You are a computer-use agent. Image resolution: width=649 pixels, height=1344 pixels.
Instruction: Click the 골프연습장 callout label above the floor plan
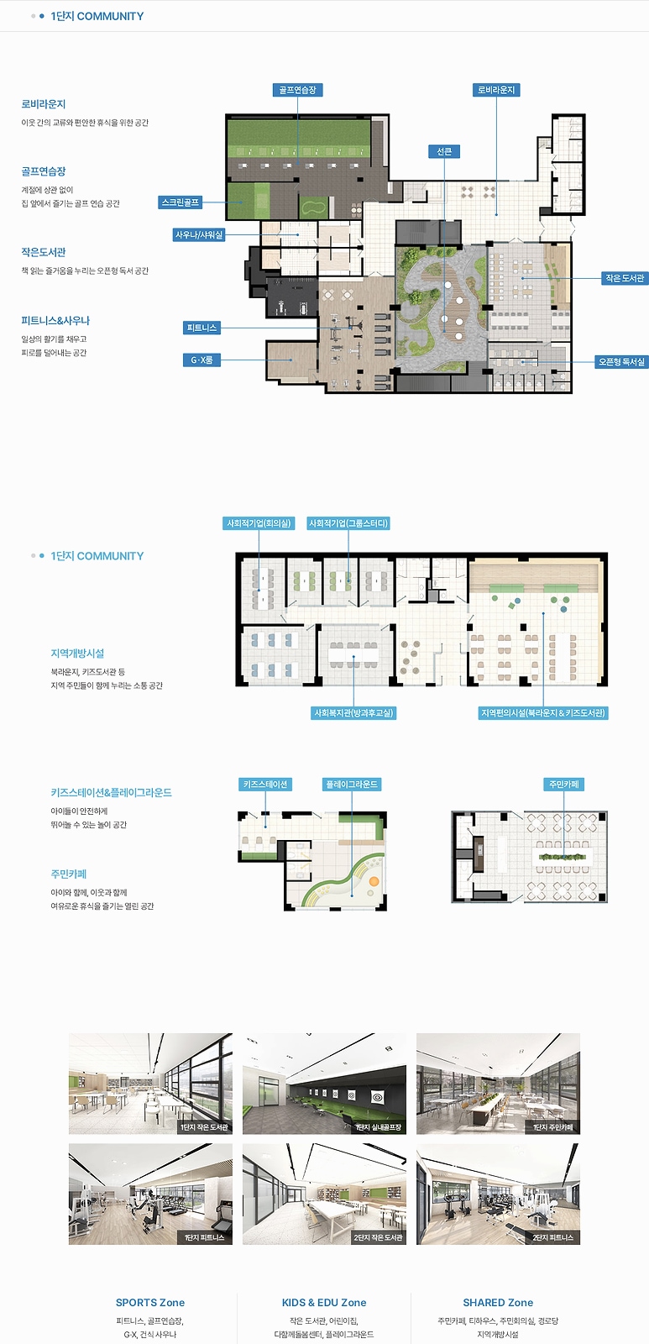[297, 90]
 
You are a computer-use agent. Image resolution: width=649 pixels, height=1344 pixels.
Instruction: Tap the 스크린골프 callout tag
[180, 202]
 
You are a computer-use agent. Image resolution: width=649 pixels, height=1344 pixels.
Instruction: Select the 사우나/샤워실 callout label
[198, 234]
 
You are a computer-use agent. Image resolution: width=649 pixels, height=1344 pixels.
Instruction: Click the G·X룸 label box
[202, 360]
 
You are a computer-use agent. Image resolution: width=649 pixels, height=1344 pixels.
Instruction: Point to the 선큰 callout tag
[444, 151]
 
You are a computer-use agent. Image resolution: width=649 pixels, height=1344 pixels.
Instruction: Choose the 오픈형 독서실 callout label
[621, 362]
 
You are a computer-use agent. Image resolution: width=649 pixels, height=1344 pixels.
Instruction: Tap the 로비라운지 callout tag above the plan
[496, 90]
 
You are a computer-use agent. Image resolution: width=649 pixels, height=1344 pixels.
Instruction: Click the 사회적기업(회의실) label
[259, 523]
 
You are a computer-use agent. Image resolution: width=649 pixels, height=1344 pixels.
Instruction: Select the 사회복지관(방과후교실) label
[354, 713]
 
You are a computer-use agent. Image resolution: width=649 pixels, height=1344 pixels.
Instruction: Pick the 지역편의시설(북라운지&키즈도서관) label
[543, 713]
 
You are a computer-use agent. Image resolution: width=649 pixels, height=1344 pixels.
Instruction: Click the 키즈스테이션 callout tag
[265, 785]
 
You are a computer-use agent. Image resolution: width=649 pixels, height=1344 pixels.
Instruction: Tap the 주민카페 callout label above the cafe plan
[564, 785]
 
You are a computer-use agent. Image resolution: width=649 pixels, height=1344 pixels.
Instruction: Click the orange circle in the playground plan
[374, 881]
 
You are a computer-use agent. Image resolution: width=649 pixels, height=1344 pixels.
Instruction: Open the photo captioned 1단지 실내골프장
[324, 1084]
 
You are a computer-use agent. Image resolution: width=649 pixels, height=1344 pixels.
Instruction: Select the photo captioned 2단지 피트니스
[499, 1194]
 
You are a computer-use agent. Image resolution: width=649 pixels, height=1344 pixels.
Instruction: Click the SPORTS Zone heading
[150, 1303]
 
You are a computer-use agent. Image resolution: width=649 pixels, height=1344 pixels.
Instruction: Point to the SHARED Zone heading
[498, 1303]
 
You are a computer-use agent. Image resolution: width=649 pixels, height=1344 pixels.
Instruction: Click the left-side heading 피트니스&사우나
[55, 321]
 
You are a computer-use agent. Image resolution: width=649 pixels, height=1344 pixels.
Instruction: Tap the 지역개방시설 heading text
[77, 654]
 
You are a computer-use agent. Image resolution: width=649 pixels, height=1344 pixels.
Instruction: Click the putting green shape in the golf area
[313, 207]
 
